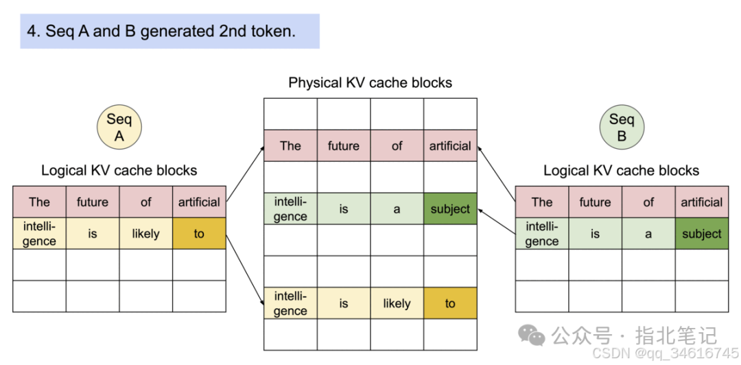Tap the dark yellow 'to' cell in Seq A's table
tap(199, 234)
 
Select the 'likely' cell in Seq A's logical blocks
tap(145, 234)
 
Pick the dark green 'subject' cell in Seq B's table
tap(701, 234)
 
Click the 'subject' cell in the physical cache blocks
tap(450, 209)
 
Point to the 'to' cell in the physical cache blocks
tap(450, 303)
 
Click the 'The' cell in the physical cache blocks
tap(290, 145)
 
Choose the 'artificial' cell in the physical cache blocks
tap(450, 145)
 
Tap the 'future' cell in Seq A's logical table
tap(92, 202)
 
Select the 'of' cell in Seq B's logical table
tap(648, 202)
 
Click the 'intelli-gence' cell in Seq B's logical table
tap(542, 234)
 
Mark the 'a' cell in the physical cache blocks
tap(397, 209)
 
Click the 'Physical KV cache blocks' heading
tap(370, 83)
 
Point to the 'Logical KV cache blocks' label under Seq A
tap(119, 170)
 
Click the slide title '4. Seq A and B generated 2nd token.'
tap(161, 32)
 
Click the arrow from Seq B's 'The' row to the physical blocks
tap(496, 173)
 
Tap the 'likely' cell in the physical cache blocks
tap(397, 303)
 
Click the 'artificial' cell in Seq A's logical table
tap(199, 202)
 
